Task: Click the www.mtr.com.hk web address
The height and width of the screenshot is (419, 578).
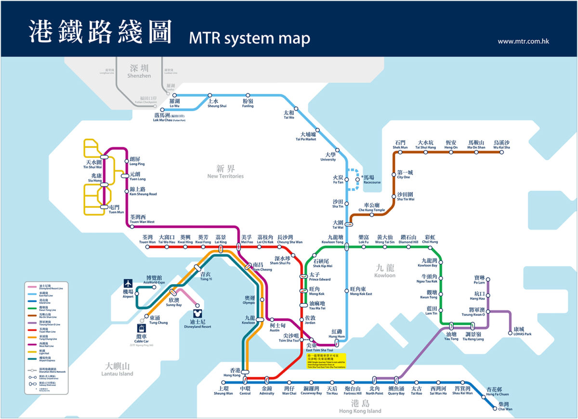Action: click(x=523, y=41)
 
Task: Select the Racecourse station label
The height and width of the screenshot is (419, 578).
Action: click(x=371, y=180)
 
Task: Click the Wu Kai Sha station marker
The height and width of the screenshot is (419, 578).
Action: click(x=501, y=152)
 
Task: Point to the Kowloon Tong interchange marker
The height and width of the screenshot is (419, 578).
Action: click(x=346, y=247)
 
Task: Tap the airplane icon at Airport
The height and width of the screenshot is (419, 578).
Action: click(x=128, y=284)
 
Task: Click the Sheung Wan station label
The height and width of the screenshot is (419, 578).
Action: click(x=223, y=391)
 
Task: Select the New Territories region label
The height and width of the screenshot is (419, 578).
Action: click(x=225, y=171)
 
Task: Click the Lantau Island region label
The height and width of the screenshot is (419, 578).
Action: click(x=118, y=369)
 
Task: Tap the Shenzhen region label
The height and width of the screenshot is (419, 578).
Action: click(x=139, y=71)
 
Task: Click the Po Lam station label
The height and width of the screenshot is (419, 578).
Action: click(x=479, y=280)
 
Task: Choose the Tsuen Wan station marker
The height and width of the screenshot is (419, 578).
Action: click(x=148, y=247)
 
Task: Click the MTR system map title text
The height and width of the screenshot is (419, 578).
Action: click(x=250, y=38)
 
